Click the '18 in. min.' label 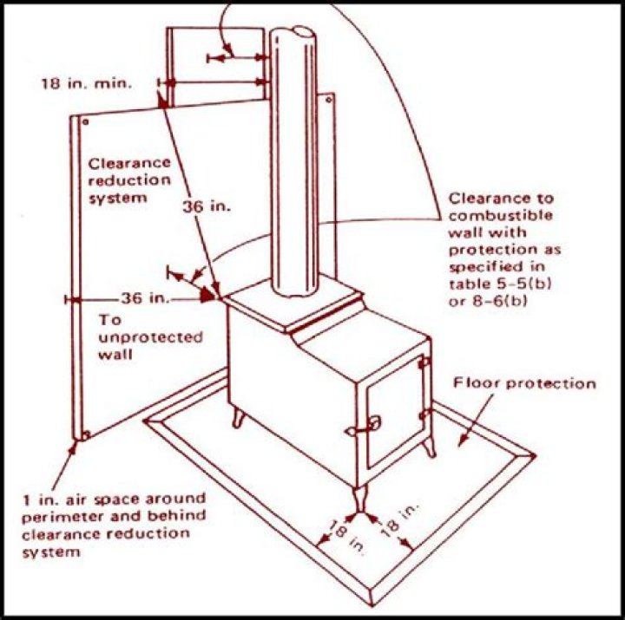click(x=85, y=84)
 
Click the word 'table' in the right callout click(x=467, y=285)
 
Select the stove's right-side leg click(x=428, y=446)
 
